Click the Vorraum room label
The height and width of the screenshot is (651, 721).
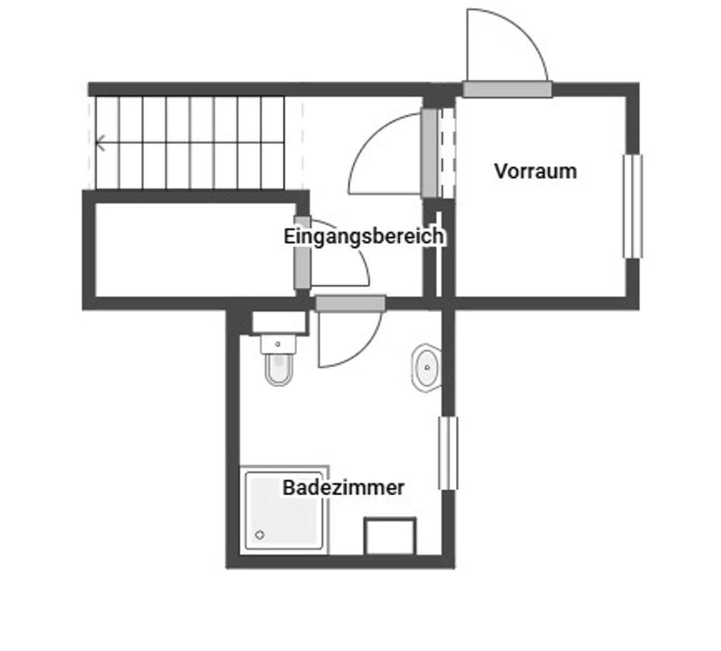[x=535, y=171]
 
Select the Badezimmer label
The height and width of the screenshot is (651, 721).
[x=343, y=487]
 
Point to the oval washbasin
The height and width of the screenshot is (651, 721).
[x=426, y=367]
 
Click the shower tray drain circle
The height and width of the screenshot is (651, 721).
[x=260, y=535]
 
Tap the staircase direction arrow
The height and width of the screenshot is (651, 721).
[x=100, y=144]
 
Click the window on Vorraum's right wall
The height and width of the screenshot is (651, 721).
[x=633, y=206]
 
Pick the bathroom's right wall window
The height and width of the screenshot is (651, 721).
[x=448, y=453]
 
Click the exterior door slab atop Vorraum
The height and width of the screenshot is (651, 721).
[x=507, y=90]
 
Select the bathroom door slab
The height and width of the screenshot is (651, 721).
[x=350, y=303]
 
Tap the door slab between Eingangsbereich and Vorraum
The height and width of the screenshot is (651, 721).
[x=429, y=154]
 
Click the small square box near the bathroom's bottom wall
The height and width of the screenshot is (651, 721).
[x=390, y=536]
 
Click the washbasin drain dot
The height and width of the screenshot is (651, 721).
[x=428, y=367]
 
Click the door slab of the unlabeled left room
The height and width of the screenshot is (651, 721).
[x=302, y=253]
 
